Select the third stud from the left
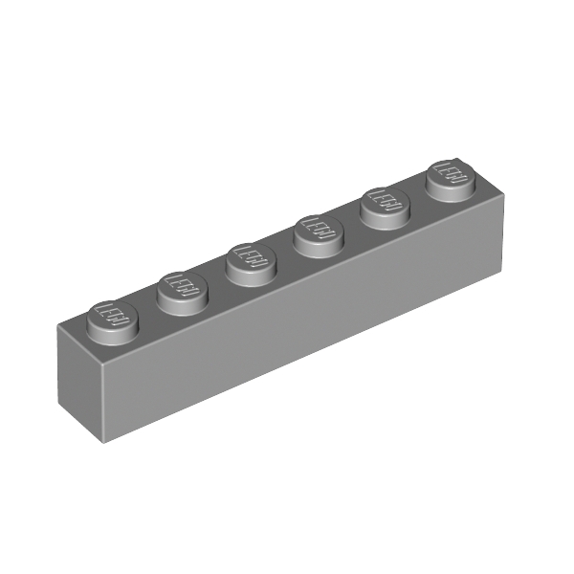[251, 259]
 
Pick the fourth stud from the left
[319, 232]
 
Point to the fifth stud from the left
[385, 205]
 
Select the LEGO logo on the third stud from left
[251, 256]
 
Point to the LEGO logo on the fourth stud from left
[319, 229]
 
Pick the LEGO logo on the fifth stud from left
[385, 201]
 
